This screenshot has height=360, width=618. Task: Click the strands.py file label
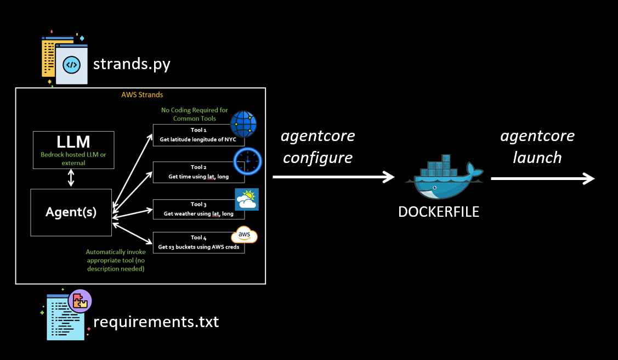point(132,64)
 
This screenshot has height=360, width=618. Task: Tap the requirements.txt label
point(156,322)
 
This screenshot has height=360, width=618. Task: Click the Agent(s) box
point(71,212)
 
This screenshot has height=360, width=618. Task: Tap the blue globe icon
point(243,124)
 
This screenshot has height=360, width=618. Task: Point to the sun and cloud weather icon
point(246,200)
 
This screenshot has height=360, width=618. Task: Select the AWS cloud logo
point(244,235)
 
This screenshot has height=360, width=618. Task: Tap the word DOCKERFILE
point(439,212)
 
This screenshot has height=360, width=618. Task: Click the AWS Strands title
point(142,95)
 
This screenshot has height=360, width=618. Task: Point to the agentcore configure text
point(318,147)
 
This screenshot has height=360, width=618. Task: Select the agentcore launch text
point(537,147)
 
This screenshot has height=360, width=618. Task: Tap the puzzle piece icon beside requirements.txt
point(80,301)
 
